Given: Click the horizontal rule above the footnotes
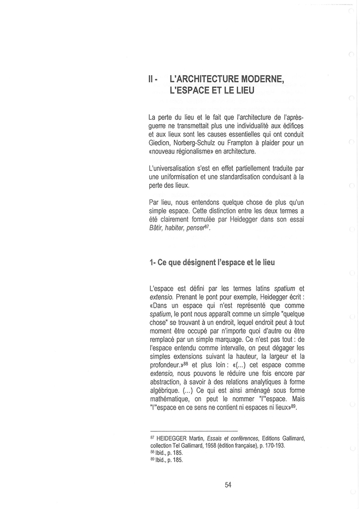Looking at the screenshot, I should click(193, 430).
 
